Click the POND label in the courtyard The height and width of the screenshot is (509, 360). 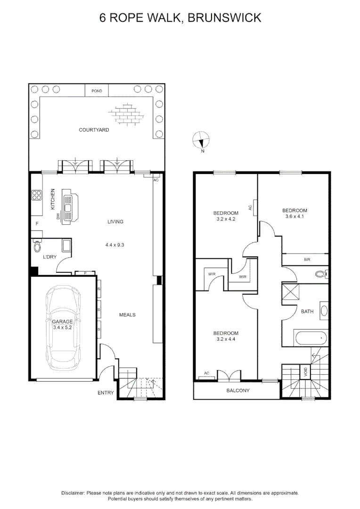coord(96,90)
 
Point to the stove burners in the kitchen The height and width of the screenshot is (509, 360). coord(37,195)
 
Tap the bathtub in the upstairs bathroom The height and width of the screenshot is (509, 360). coord(308,338)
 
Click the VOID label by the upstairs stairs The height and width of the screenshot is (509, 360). coord(306,372)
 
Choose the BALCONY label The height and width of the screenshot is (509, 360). coord(238,391)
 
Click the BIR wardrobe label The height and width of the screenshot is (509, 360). coord(307,260)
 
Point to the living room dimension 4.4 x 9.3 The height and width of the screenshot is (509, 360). coord(115,245)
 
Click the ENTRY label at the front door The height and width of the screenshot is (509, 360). coord(106,393)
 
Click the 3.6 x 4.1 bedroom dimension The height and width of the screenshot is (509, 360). coord(295,217)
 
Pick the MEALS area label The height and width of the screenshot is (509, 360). coord(127,315)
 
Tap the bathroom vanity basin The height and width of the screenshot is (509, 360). coord(323,311)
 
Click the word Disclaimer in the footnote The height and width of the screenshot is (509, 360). coord(73,493)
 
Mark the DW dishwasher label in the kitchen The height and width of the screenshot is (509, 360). coord(58,216)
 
